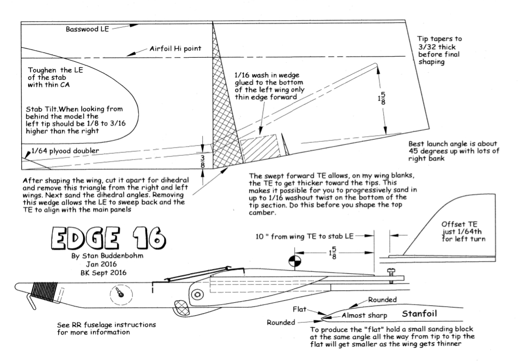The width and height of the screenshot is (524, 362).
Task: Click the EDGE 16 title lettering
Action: (x=109, y=238)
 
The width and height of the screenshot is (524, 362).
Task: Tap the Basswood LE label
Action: (x=87, y=29)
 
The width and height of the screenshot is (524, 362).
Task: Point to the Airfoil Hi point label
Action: (x=176, y=49)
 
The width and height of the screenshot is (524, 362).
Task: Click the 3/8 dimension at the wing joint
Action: (x=203, y=161)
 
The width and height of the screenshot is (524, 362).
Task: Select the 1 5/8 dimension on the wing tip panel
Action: (x=382, y=99)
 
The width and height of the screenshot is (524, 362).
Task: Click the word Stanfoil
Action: (x=420, y=314)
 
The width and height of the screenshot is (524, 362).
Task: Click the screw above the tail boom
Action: (x=391, y=276)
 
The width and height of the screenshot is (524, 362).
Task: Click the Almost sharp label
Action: (x=364, y=315)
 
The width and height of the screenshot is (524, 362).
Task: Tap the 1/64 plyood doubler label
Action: (x=65, y=151)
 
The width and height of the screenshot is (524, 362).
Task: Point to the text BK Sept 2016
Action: (x=103, y=273)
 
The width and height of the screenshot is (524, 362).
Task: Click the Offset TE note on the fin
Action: (x=464, y=232)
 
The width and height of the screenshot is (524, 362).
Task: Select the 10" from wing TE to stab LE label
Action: (x=305, y=236)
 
